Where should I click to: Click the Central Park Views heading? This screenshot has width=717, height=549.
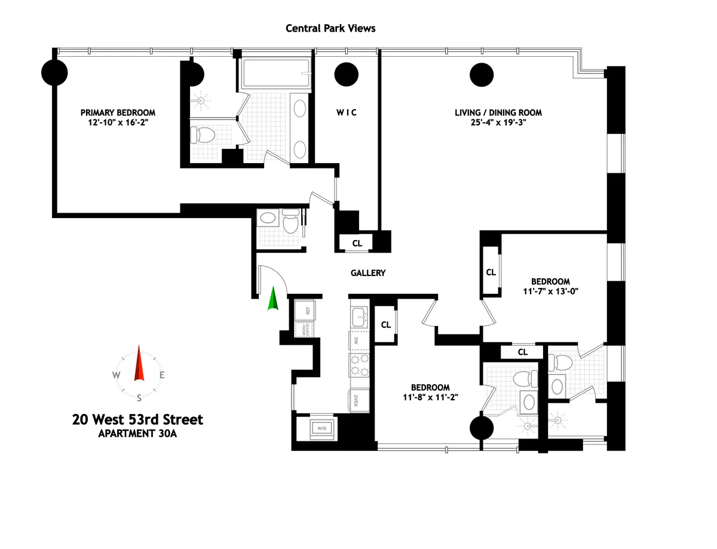[330, 28]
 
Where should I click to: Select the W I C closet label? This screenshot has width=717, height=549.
[346, 112]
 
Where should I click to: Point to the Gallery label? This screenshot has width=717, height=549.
[367, 273]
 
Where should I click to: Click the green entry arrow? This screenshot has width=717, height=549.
[272, 299]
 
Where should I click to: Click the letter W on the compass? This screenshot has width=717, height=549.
[117, 375]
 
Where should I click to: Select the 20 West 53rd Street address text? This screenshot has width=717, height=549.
[137, 419]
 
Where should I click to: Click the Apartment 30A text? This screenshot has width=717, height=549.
[137, 434]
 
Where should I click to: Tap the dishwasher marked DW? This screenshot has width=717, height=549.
[357, 341]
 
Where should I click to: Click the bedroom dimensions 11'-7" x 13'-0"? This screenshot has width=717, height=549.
[550, 292]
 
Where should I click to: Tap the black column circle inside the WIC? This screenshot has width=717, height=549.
[346, 75]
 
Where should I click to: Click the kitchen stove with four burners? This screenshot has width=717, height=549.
[358, 365]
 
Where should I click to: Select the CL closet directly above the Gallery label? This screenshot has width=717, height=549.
[357, 243]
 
